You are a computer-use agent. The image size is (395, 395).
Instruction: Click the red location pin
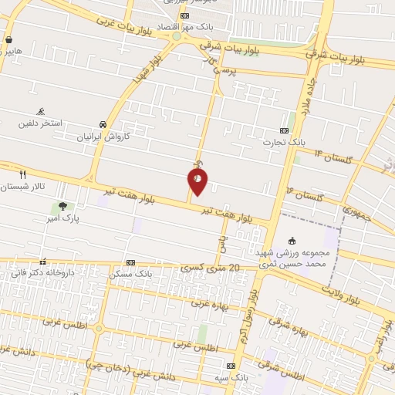click(x=197, y=181)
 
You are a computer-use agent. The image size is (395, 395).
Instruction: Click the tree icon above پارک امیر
click(x=62, y=207)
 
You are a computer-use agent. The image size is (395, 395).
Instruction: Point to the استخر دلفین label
click(x=41, y=123)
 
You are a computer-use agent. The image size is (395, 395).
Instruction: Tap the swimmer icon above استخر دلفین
click(x=41, y=112)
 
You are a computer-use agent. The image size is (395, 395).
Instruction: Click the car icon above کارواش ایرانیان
click(x=103, y=124)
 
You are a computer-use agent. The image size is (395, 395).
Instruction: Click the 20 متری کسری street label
click(x=212, y=268)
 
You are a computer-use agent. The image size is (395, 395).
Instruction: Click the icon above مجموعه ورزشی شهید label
click(x=292, y=239)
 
